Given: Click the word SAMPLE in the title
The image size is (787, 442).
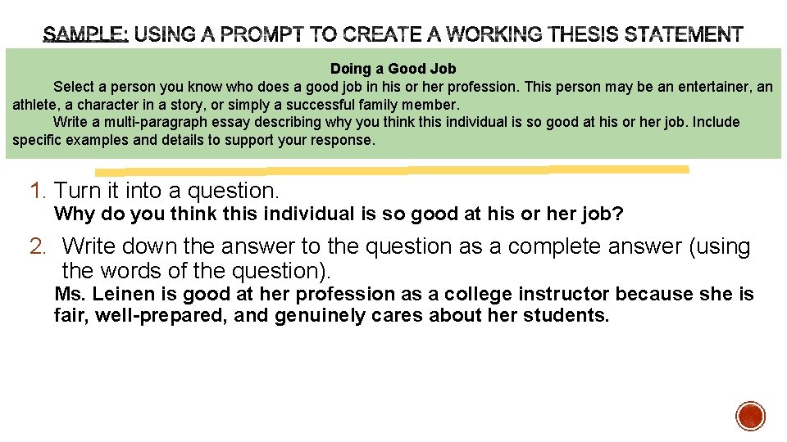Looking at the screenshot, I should (84, 35).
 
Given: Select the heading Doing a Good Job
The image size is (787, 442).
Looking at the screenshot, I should (393, 69).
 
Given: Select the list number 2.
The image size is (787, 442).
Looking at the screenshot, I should (39, 246).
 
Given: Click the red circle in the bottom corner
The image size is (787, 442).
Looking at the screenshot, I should (750, 416).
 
